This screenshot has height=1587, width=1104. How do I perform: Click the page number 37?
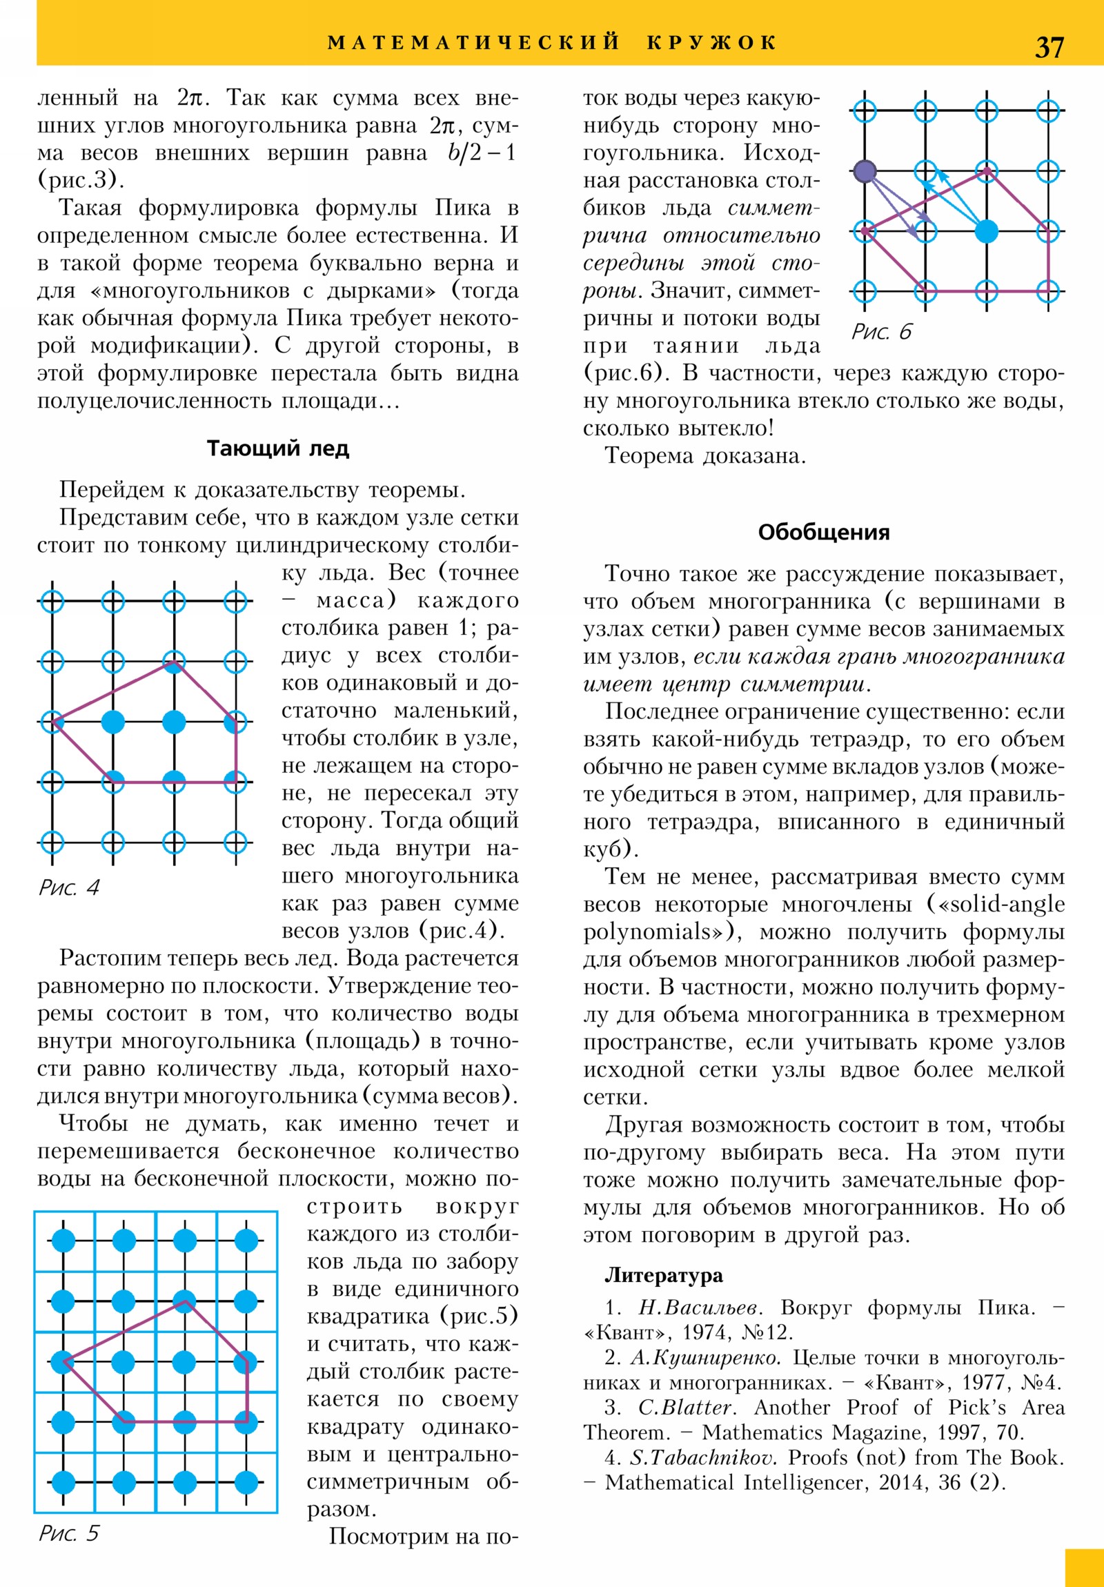1049,47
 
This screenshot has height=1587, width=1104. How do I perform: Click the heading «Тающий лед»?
278,448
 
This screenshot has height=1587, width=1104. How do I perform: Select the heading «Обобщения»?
823,532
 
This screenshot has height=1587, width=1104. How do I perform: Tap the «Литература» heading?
664,1275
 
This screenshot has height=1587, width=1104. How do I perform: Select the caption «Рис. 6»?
881,332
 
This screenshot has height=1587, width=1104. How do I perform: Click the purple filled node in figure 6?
865,170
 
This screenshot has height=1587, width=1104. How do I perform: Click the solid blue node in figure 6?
987,232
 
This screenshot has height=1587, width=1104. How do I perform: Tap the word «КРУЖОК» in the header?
712,43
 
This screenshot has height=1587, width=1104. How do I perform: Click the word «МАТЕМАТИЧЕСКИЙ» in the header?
473,43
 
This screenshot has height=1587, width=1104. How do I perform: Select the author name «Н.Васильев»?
700,1308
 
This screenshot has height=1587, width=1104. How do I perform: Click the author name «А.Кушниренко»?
705,1357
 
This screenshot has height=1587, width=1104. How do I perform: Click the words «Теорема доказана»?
704,456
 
